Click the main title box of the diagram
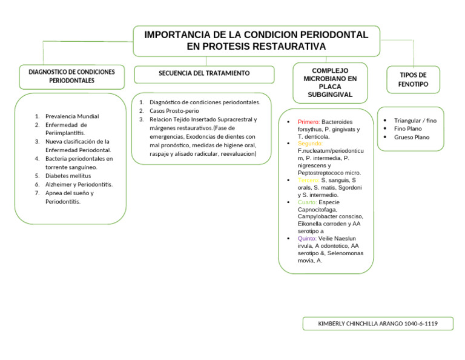tap(256, 41)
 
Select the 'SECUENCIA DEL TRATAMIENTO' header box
tap(203, 73)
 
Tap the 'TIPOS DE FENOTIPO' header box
tap(413, 79)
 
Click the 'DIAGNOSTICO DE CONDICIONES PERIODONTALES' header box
tap(71, 76)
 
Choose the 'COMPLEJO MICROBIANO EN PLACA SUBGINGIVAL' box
tap(329, 82)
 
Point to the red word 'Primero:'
tap(309, 122)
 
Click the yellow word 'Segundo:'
tap(310, 144)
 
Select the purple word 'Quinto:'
tap(307, 239)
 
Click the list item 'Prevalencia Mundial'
tap(72, 116)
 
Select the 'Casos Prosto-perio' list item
tap(174, 111)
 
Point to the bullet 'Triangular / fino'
tap(415, 121)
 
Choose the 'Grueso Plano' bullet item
tap(411, 137)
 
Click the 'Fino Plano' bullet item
tap(407, 129)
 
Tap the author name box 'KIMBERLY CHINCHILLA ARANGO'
tap(378, 324)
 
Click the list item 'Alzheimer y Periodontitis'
tap(78, 184)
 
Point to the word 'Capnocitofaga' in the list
tap(317, 210)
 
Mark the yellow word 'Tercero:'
tap(309, 181)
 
